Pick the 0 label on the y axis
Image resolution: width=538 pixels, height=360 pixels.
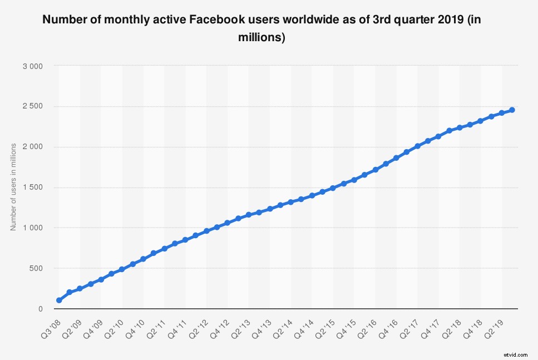pyautogui.click(x=41, y=309)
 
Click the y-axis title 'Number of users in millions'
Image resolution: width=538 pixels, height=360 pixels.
pyautogui.click(x=13, y=186)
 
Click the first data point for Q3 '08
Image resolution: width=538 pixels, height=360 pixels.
pyautogui.click(x=59, y=300)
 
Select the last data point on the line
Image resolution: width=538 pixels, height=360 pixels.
pyautogui.click(x=512, y=110)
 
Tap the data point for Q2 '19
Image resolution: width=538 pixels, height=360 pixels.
pyautogui.click(x=501, y=113)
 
